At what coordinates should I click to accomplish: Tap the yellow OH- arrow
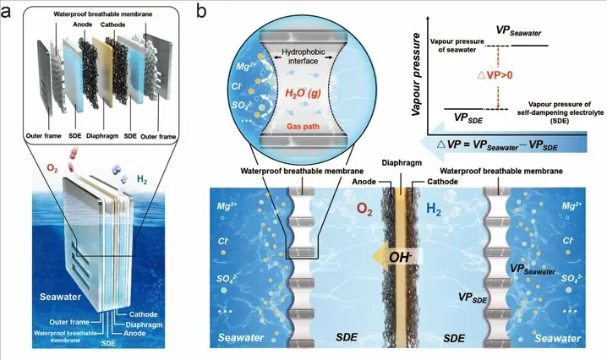[396, 257]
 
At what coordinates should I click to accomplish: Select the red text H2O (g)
[303, 93]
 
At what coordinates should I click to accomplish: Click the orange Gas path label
[303, 126]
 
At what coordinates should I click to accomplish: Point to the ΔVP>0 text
[495, 75]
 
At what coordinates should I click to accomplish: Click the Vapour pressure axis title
[416, 74]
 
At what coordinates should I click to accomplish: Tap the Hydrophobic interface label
[303, 56]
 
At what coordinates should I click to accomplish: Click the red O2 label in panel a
[52, 169]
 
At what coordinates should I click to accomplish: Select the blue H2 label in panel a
[142, 179]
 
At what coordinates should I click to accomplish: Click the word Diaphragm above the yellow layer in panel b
[402, 163]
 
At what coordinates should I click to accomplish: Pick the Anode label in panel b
[364, 182]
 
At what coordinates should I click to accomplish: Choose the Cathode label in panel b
[442, 182]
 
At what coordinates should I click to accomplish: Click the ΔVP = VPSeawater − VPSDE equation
[497, 145]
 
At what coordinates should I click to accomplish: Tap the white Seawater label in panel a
[60, 297]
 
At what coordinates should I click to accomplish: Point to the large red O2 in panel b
[364, 210]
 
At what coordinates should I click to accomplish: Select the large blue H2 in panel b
[434, 210]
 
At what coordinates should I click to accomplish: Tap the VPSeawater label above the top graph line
[519, 31]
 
